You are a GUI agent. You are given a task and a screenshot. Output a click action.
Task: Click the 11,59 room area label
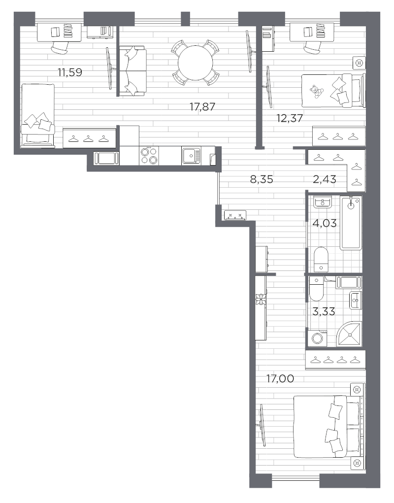[x=70, y=72]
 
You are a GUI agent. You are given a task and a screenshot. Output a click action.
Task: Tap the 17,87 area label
[x=202, y=107]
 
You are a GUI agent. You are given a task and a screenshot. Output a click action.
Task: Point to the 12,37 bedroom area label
[x=290, y=118]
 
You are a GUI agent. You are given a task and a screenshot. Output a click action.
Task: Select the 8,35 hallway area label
[x=262, y=179]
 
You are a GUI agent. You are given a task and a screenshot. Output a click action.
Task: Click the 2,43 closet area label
[x=325, y=179]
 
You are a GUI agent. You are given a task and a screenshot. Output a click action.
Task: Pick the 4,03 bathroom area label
[x=325, y=223]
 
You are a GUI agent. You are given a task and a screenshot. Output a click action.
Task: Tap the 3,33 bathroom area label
[x=324, y=311]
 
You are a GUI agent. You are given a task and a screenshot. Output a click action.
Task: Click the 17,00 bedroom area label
[x=280, y=379]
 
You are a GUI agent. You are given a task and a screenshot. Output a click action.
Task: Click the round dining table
[x=195, y=63]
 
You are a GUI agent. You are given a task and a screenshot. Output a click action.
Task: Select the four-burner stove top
[x=149, y=156]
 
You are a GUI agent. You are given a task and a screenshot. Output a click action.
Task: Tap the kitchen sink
[x=192, y=156]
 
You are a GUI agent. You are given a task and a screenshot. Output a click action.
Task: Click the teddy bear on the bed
[x=317, y=91]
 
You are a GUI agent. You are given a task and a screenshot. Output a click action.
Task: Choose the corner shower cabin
[x=350, y=334]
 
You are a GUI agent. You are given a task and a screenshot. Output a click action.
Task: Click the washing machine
[x=318, y=338]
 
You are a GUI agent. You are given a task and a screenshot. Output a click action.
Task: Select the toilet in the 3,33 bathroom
[x=316, y=289]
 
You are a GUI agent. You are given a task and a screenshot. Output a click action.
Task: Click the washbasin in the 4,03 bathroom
[x=323, y=201]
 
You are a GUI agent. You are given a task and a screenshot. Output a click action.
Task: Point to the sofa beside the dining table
[x=132, y=70]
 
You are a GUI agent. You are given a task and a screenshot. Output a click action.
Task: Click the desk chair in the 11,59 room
[x=60, y=48]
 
